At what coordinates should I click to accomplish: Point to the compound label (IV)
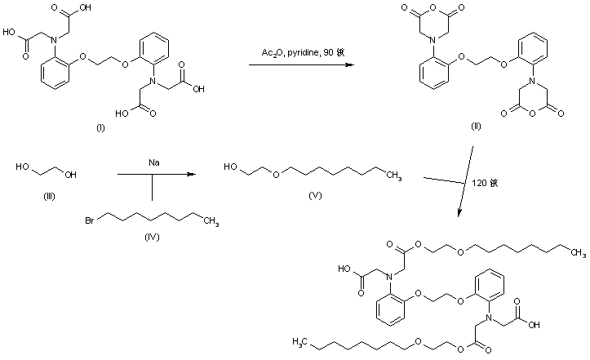(x=150, y=237)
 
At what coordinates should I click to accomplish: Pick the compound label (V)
(x=313, y=196)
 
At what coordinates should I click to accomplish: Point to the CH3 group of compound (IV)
(x=211, y=220)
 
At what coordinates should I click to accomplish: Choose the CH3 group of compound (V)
(x=393, y=174)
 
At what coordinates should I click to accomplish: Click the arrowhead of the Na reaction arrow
(x=193, y=174)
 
